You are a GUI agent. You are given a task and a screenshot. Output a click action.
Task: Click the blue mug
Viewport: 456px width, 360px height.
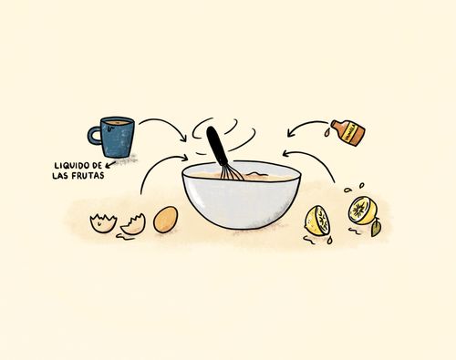pyautogui.click(x=115, y=137)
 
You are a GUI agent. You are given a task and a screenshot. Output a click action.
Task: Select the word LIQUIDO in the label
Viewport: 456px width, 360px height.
pyautogui.click(x=71, y=166)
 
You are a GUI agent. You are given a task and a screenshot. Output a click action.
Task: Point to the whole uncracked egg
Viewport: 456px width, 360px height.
pyautogui.click(x=165, y=220)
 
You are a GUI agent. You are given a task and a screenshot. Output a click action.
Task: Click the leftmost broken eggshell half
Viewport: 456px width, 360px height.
pyautogui.click(x=103, y=223)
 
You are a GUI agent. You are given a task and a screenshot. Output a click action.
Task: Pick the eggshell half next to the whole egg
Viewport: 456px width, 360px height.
pyautogui.click(x=133, y=225)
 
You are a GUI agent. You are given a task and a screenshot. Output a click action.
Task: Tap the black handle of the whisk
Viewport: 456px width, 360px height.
pyautogui.click(x=216, y=145)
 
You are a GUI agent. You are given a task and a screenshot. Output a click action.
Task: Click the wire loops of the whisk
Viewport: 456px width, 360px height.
pyautogui.click(x=232, y=172)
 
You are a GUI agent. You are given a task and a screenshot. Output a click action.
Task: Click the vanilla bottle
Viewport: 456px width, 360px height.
pyautogui.click(x=348, y=133)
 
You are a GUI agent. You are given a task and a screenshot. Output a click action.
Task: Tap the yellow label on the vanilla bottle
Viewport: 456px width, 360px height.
pyautogui.click(x=349, y=133)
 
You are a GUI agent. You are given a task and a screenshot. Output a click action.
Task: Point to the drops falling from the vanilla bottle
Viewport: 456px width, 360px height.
pyautogui.click(x=326, y=132)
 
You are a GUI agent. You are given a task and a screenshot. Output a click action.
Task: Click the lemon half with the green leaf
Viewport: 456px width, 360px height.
pyautogui.click(x=363, y=211)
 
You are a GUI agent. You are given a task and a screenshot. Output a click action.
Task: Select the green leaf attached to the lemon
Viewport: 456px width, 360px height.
pyautogui.click(x=376, y=227)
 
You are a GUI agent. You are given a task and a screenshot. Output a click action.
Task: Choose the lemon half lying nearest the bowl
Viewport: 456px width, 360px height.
pyautogui.click(x=317, y=221)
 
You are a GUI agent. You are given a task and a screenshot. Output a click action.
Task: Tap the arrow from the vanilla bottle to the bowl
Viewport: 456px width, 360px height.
pyautogui.click(x=306, y=125)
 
